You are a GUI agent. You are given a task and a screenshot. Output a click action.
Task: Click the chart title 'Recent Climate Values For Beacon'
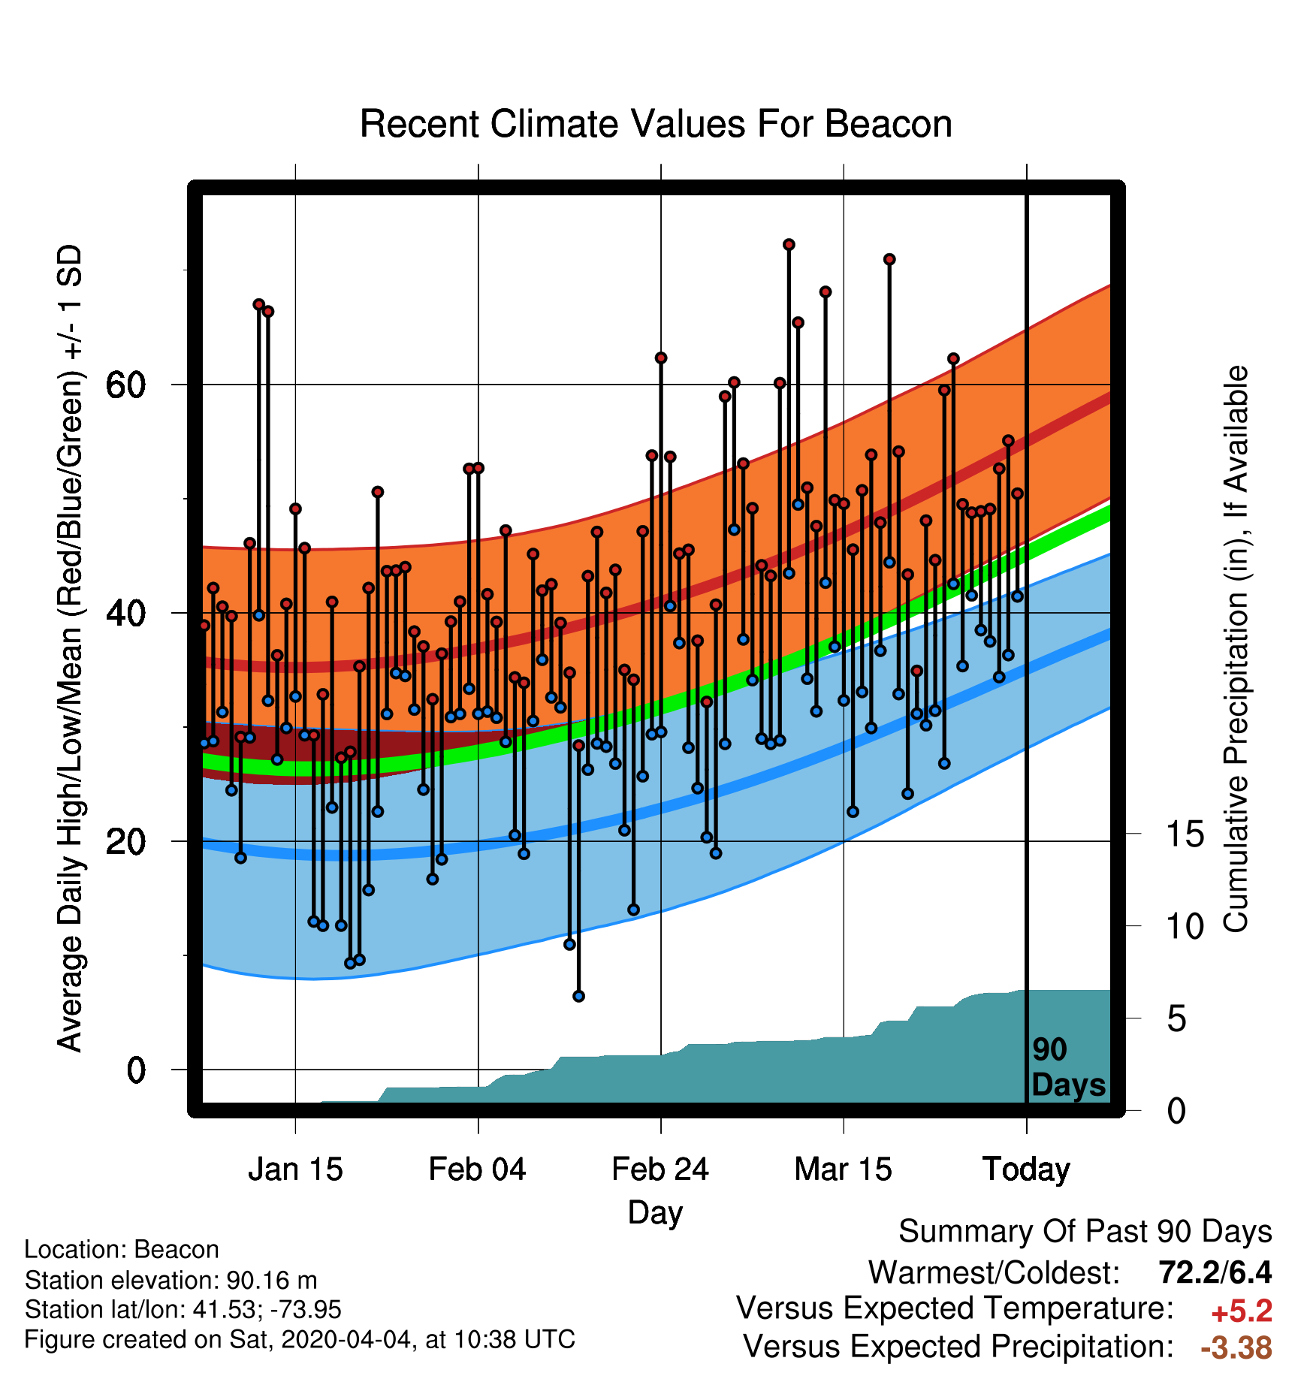pos(656,124)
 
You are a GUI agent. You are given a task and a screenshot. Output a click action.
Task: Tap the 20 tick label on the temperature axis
pos(125,841)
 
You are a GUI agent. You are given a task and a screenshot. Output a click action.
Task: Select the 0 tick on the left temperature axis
pos(136,1070)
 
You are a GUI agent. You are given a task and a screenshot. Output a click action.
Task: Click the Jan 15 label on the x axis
pos(295,1169)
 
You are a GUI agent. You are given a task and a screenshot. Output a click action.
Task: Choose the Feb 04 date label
pos(478,1169)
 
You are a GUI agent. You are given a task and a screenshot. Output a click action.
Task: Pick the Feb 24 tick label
pos(660,1169)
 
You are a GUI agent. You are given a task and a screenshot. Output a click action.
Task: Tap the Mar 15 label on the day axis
pos(843,1169)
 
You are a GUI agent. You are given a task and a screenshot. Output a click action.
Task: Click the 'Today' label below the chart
pos(1027,1169)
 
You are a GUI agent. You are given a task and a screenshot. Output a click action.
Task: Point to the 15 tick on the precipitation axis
pos(1185,834)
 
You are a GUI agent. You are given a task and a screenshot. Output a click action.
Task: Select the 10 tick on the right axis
pos(1185,927)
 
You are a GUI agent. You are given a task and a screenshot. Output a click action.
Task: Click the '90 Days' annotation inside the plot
pos(1068,1067)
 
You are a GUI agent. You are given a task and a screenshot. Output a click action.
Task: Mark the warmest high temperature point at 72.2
pos(789,245)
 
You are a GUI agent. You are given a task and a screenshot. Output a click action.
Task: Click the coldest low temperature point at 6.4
pos(578,996)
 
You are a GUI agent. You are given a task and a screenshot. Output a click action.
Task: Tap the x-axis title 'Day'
pos(656,1213)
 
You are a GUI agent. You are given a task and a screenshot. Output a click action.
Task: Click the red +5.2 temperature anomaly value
pos(1242,1311)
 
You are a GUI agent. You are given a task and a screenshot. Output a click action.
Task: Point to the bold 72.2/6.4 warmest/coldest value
pos(1215,1272)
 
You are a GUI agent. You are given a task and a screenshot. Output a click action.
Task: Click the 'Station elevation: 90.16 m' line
pos(171,1280)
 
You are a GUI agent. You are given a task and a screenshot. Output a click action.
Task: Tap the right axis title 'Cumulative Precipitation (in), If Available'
pos(1236,649)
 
